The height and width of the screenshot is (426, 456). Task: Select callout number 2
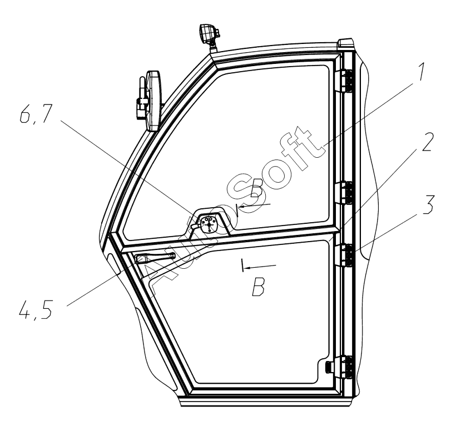pyautogui.click(x=427, y=142)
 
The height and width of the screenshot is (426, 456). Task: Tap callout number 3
pyautogui.click(x=428, y=204)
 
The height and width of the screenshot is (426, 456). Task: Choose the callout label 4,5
pyautogui.click(x=36, y=309)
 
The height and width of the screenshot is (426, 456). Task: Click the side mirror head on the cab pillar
pyautogui.click(x=154, y=101)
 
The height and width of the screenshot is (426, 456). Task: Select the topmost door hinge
pyautogui.click(x=345, y=82)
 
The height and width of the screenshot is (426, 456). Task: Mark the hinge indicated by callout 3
pyautogui.click(x=345, y=254)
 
